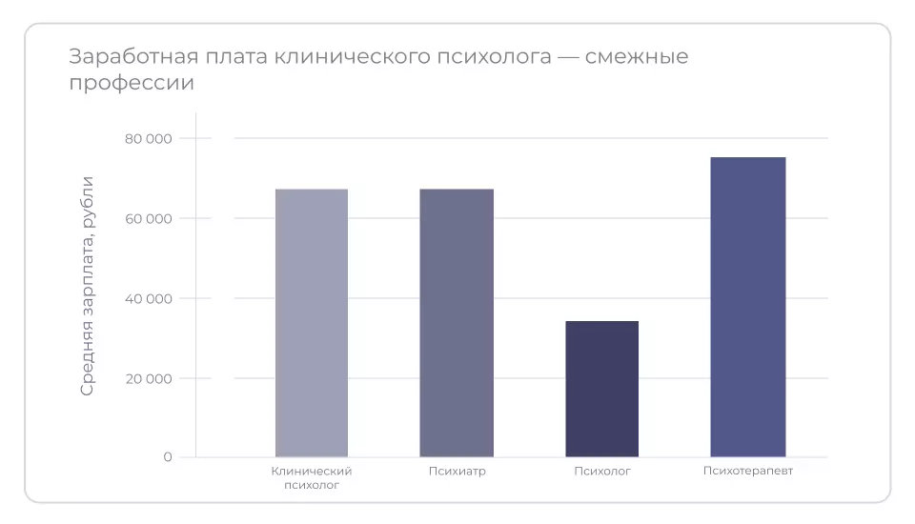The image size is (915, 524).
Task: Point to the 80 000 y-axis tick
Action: (149, 139)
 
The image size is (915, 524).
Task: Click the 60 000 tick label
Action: (149, 219)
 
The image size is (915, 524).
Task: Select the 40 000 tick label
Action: (149, 299)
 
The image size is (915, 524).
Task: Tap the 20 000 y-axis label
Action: (149, 378)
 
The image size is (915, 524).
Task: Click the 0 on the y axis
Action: (168, 457)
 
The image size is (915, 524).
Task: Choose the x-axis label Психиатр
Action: (457, 471)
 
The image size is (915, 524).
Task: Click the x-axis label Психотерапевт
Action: (748, 471)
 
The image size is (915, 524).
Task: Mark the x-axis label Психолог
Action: (602, 471)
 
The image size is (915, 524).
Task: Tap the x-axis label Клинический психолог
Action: (312, 477)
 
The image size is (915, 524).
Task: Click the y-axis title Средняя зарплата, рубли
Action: (87, 286)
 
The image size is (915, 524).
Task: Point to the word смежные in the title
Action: (637, 57)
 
